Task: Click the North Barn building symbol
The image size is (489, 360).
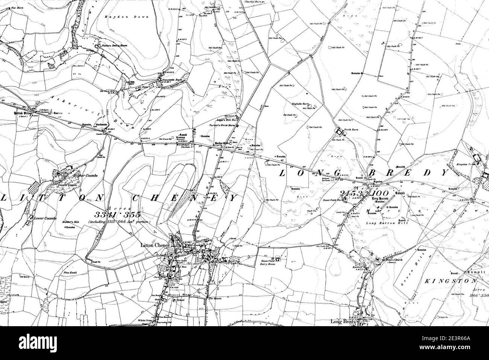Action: [x=340, y=132]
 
